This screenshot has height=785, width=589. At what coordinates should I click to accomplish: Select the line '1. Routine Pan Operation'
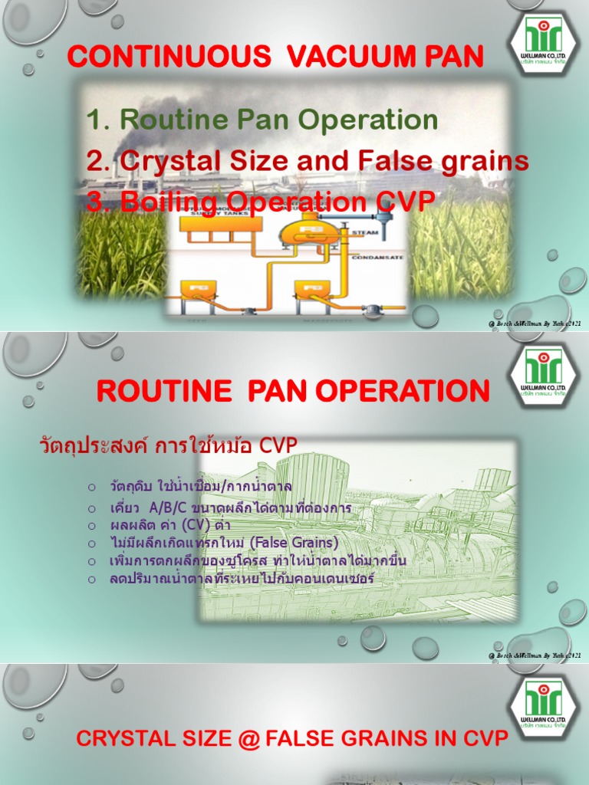point(262,120)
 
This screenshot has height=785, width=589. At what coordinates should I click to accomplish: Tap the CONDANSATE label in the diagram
point(377,258)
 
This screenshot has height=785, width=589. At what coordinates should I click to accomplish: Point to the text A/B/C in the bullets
point(160,507)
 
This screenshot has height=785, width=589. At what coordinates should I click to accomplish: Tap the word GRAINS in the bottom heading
point(393,739)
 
